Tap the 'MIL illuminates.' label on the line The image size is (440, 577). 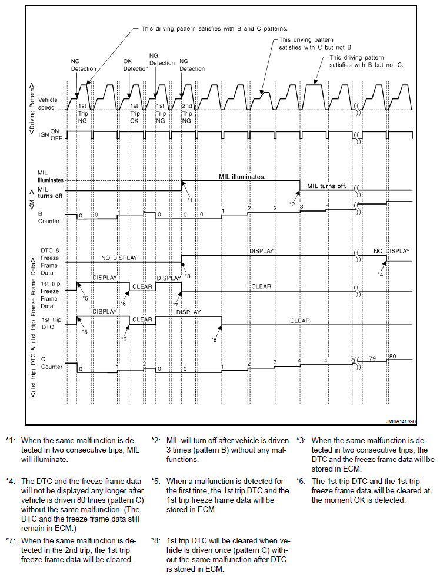coord(242,176)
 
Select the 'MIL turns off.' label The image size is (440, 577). coord(325,186)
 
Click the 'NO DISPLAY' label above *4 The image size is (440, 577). coord(392,250)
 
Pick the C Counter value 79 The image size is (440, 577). coord(372,357)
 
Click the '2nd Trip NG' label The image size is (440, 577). coord(186,113)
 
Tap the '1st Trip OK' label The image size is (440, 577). coord(135,113)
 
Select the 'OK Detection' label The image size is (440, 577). coord(136,65)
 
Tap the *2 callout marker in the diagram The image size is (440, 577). coord(292,204)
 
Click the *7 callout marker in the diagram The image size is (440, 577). coord(175,304)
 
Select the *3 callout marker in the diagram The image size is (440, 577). coord(187,276)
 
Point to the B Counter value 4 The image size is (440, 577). coord(328,205)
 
